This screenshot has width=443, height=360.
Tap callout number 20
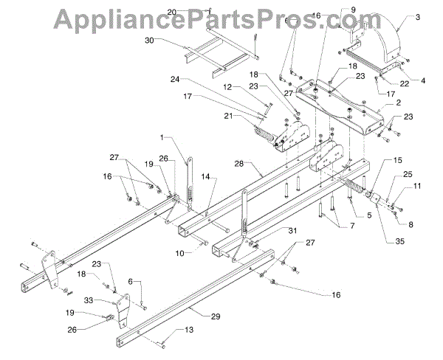[x=171, y=12]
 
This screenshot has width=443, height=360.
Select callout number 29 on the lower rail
[x=216, y=316]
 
